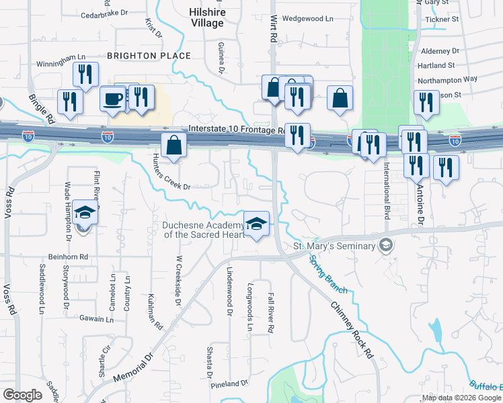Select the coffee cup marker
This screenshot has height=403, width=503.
click(112, 99)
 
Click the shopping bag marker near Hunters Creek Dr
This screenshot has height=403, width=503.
click(174, 146)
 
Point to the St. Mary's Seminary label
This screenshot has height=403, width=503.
click(334, 246)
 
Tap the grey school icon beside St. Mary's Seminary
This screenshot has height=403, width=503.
click(385, 245)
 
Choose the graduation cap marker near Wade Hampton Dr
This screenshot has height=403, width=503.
click(85, 213)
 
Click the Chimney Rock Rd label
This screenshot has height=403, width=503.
click(352, 328)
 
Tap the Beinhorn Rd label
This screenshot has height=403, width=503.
click(68, 257)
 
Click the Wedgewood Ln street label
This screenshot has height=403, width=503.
click(307, 19)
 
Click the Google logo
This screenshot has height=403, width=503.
click(22, 395)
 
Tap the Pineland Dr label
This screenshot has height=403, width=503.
click(229, 384)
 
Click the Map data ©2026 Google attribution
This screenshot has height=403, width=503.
click(461, 398)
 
